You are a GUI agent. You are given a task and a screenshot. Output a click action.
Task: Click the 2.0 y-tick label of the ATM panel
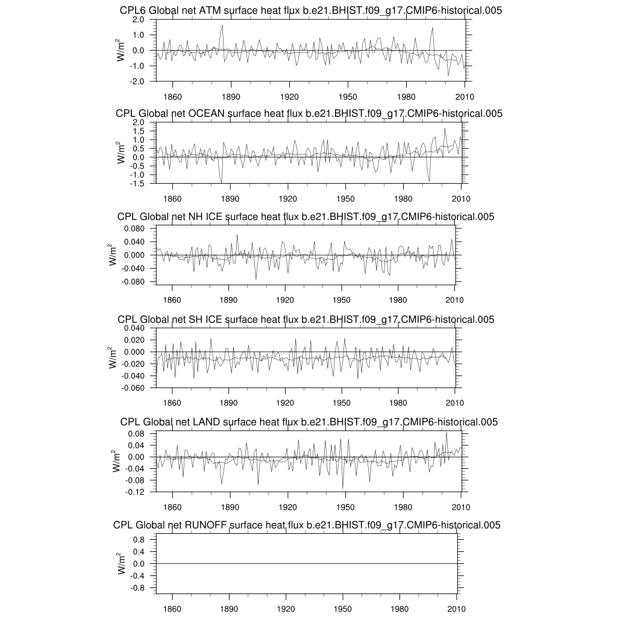pos(138,19)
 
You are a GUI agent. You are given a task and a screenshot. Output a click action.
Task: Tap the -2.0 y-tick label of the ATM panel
pos(137,81)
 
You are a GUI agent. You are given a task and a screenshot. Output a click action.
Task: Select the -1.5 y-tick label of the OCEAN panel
pos(137,183)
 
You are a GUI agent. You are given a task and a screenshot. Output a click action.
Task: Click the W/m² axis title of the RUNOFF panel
pos(122,563)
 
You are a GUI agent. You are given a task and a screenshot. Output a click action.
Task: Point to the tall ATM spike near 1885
pos(222,25)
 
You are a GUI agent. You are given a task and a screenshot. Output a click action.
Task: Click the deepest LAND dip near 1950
pos(343,488)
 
